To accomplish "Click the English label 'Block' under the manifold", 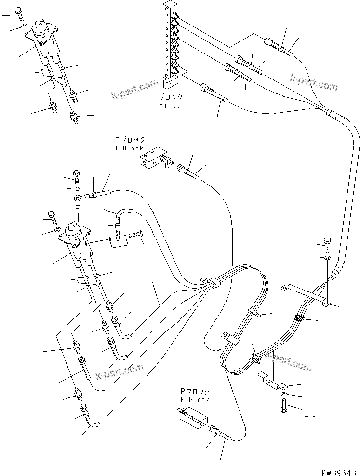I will click(170, 106).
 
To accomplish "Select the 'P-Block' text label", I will click(195, 399).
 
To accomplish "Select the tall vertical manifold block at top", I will click(170, 41).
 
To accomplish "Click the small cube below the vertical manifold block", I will click(169, 84).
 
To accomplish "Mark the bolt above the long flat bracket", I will click(326, 244).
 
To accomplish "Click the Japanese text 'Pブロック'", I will click(195, 391).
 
